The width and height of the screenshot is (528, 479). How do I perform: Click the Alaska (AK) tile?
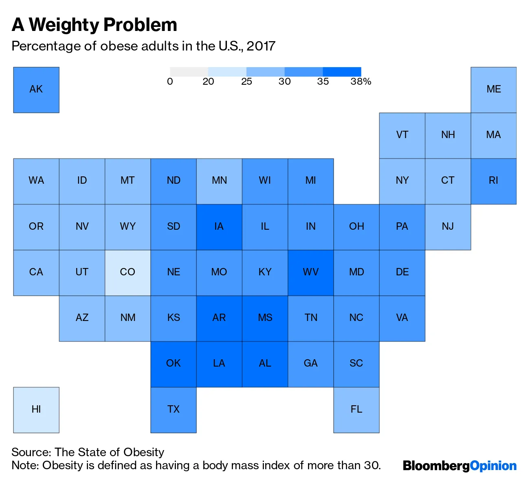(36, 90)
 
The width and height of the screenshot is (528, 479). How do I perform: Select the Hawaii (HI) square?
(36, 410)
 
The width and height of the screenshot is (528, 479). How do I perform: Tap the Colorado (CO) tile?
(128, 272)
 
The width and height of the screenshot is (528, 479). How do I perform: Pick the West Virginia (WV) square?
(310, 272)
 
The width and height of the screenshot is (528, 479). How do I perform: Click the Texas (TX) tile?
(174, 410)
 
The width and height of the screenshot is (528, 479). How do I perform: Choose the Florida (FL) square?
(356, 410)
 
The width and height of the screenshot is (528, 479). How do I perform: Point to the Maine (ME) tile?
(493, 90)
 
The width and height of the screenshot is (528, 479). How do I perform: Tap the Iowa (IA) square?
(219, 227)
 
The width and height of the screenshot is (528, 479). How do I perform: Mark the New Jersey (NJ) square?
(448, 227)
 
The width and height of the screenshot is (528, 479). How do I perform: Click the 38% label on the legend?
(361, 81)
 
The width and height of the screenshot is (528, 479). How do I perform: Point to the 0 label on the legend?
(170, 81)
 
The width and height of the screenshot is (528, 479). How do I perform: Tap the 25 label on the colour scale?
(246, 81)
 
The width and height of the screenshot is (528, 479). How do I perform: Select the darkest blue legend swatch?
(342, 72)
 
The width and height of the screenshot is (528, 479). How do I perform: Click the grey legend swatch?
(189, 72)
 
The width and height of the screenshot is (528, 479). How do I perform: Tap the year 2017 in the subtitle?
(261, 46)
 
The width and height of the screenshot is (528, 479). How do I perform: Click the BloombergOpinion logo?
(460, 466)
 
